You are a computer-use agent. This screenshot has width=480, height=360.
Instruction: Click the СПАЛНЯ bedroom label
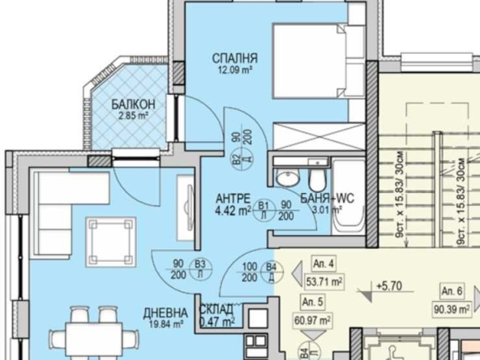click(234, 58)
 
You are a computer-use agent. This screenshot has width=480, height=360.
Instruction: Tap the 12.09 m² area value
click(234, 71)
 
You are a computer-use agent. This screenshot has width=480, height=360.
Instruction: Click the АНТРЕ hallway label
click(231, 198)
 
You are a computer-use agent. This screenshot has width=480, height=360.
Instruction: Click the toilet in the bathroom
click(317, 176)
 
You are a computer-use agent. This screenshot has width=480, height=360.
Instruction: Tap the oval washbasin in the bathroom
click(285, 178)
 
